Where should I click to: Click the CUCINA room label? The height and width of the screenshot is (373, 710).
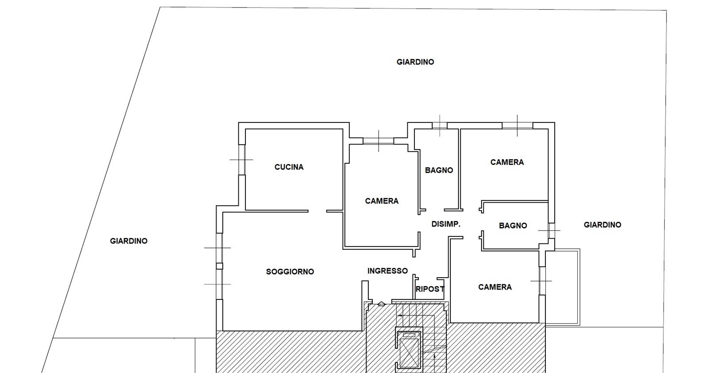pos(289,167)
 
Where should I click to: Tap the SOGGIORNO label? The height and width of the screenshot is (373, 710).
pos(290,271)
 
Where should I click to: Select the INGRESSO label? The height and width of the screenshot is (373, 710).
pos(387,271)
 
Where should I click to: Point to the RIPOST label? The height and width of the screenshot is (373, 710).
pos(430,289)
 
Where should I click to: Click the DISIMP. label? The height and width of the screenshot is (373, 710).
pos(446,224)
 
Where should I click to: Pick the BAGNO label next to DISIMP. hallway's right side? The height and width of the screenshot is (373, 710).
pos(513,226)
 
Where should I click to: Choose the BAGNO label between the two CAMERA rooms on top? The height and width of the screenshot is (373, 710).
pos(439,170)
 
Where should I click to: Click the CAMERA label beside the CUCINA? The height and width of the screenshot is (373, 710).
pos(382,201)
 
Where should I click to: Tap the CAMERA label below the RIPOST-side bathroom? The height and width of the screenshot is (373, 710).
pos(495,287)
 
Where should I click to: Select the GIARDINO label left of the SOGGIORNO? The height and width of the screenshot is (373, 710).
pos(129,241)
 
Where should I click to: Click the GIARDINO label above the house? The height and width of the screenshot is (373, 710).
pos(415,62)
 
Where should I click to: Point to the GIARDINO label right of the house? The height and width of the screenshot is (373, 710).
pos(602,225)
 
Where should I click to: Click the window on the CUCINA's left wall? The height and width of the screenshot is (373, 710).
pos(241,160)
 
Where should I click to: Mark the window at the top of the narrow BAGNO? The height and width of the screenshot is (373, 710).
pos(440,126)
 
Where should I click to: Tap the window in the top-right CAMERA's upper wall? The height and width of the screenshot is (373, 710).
pos(517,126)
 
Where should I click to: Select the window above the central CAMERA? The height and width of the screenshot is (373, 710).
pos(379,141)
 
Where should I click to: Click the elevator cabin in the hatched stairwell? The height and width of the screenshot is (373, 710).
pos(409,349)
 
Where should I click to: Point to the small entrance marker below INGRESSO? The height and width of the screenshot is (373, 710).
pos(381,304)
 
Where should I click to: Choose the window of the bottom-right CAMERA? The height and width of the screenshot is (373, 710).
pos(542,281)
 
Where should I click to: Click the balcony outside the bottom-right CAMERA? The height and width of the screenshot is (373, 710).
pos(563,287)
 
